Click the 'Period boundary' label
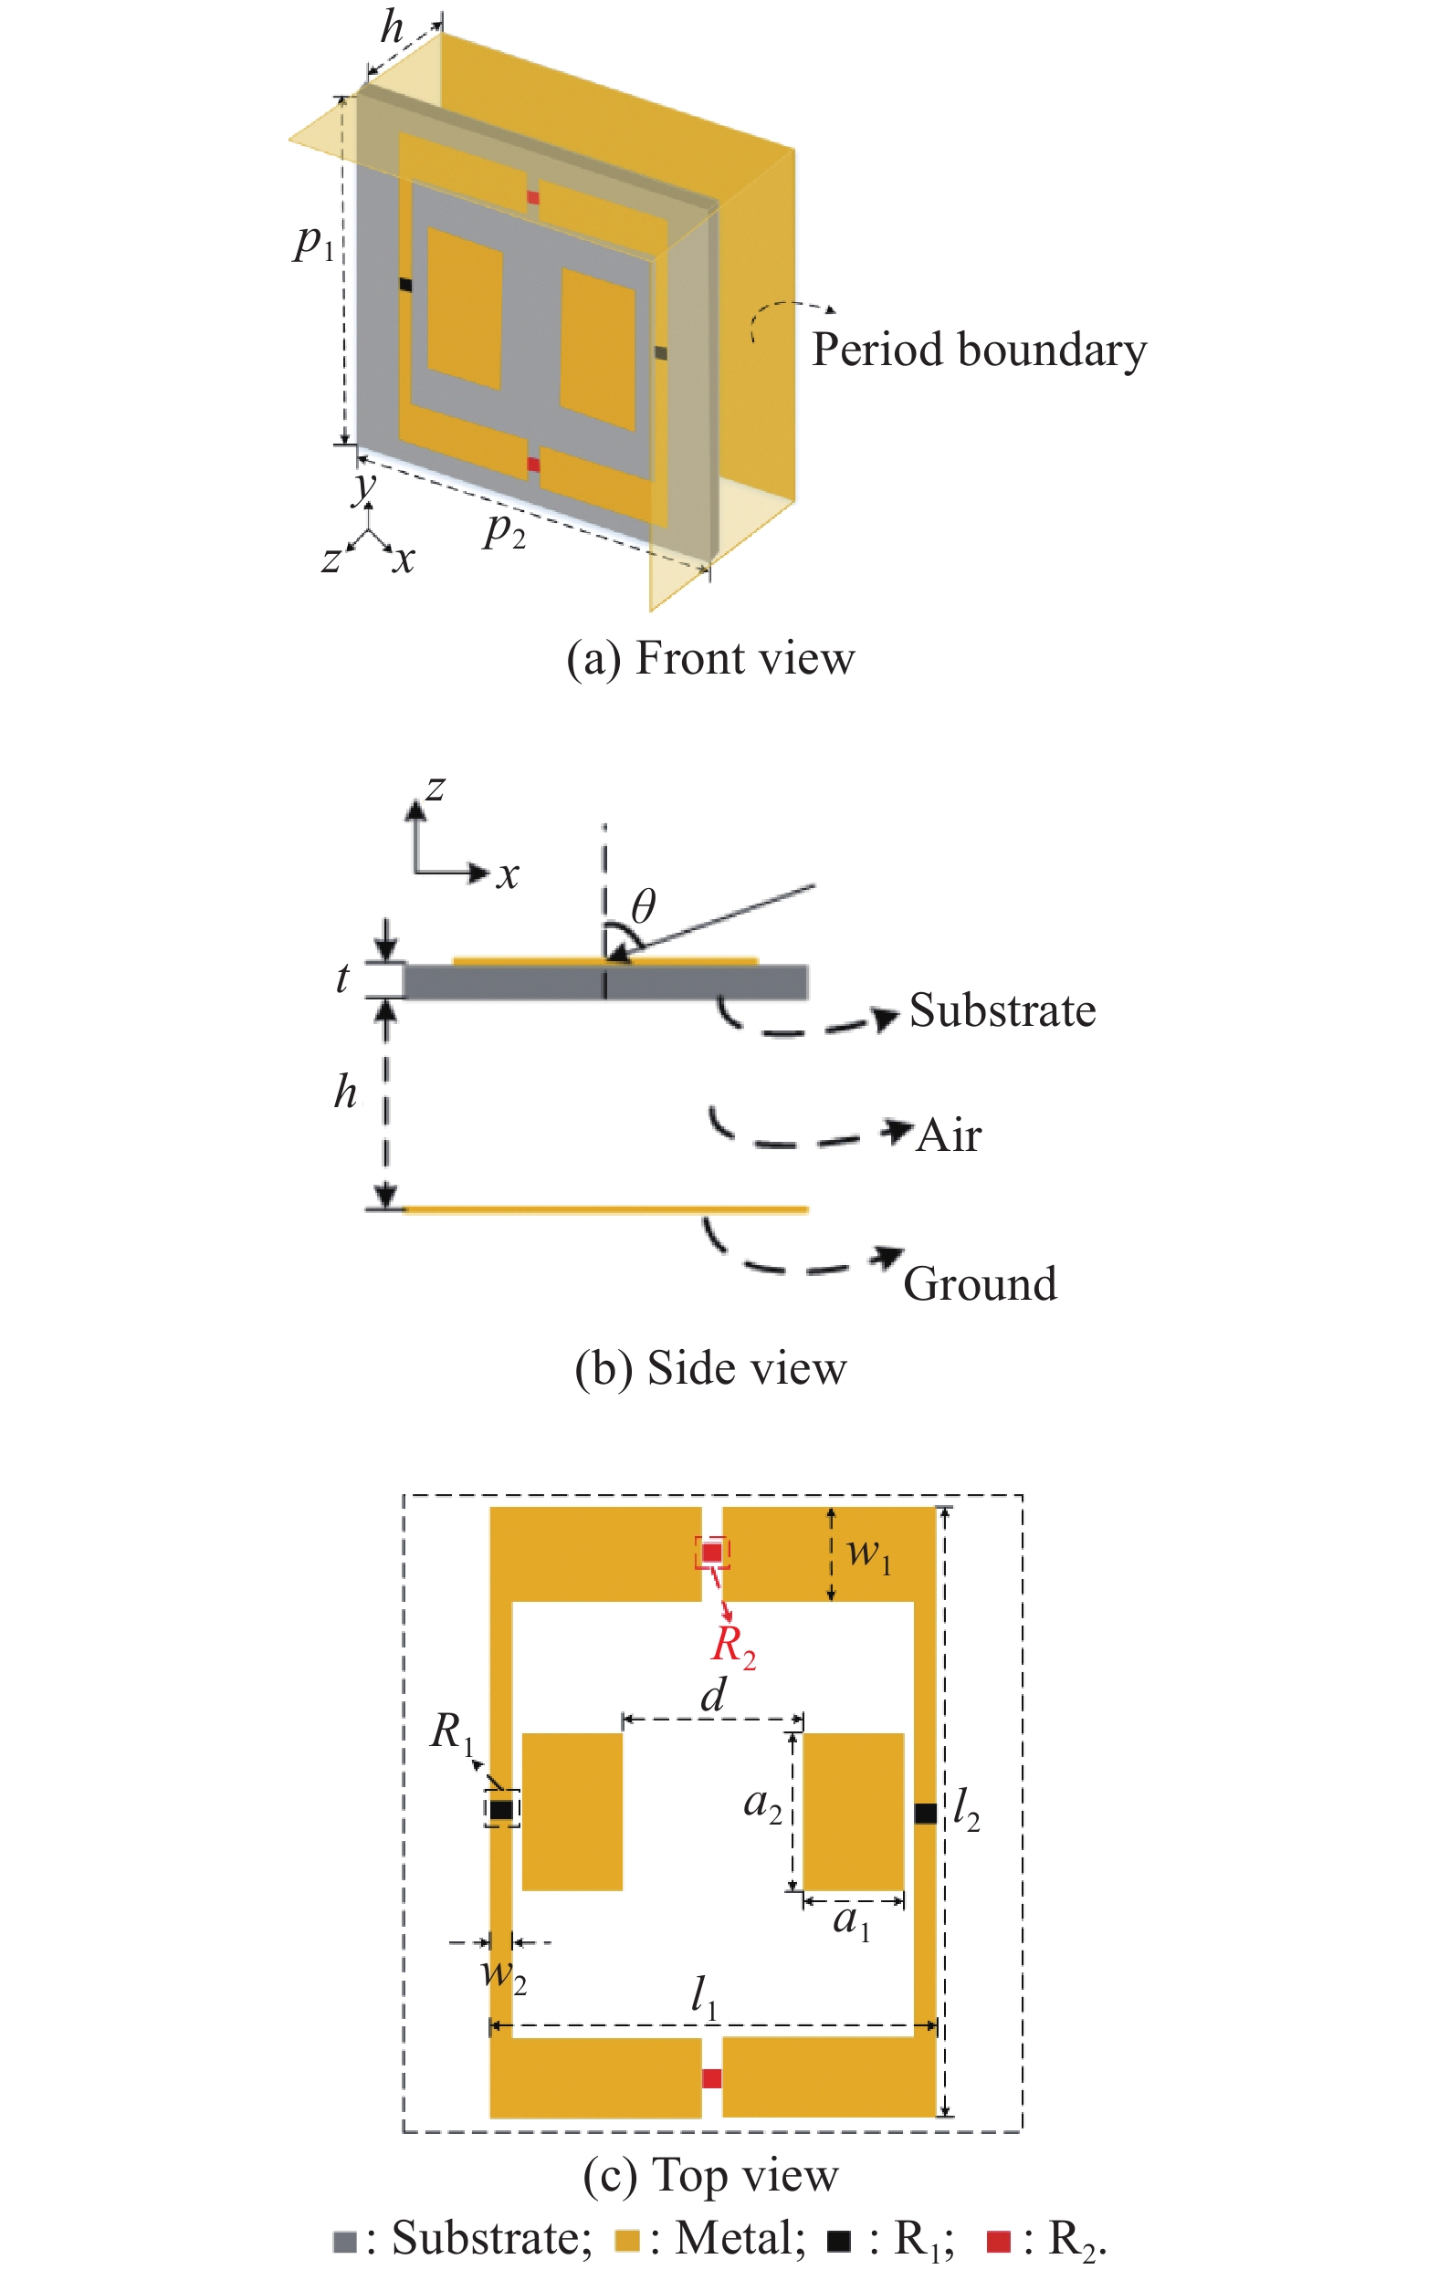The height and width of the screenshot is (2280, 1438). point(979,350)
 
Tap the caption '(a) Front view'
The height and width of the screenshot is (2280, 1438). point(710,659)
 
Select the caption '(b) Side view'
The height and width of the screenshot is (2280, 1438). point(710,1368)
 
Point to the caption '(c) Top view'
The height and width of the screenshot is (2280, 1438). point(710,2175)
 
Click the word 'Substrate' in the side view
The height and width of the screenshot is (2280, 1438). point(1002,1010)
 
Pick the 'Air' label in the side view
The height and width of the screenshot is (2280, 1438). point(949,1135)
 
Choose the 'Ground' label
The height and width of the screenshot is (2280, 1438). point(980,1284)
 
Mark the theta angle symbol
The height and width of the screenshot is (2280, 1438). point(643,906)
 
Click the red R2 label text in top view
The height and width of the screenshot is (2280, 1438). point(733,1646)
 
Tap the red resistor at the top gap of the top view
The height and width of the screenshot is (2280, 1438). point(711,1552)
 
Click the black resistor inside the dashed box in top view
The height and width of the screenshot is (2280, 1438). point(501,1809)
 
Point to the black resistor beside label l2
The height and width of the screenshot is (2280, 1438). point(926,1813)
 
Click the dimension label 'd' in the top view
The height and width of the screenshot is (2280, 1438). point(713,1694)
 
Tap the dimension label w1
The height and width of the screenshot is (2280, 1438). point(867,1553)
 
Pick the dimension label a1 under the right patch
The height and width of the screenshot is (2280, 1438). point(851,1921)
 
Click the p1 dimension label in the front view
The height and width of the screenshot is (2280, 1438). point(312,244)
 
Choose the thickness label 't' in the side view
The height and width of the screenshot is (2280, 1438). point(342,978)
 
